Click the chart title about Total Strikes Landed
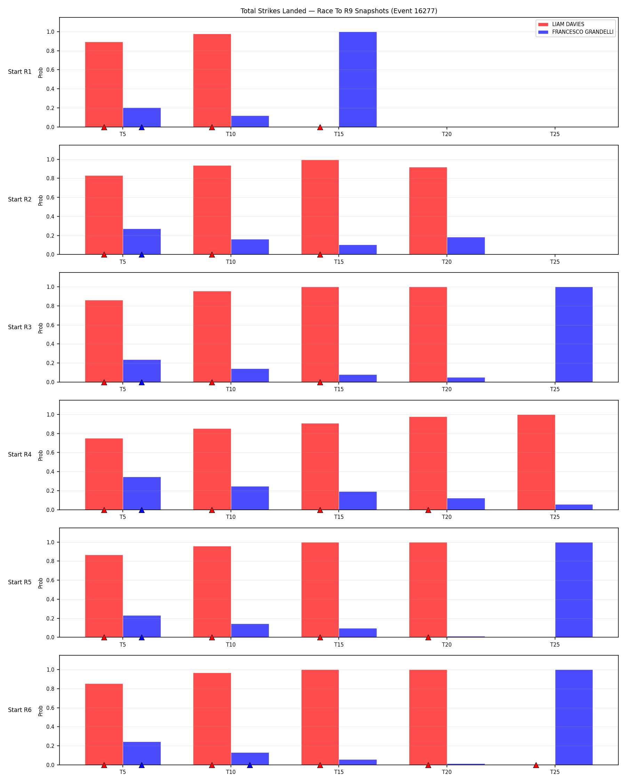pos(339,11)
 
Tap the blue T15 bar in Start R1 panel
pos(358,80)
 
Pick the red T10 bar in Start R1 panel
pos(212,81)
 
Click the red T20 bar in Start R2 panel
pos(428,211)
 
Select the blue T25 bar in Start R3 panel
pos(574,334)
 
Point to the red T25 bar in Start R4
pos(536,462)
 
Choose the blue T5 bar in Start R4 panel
pos(142,493)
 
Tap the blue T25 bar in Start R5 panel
pos(574,590)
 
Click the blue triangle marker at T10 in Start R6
pos(250,765)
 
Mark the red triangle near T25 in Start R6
pos(536,765)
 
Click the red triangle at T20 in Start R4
pos(428,510)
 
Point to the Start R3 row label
pos(19,327)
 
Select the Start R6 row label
pos(19,710)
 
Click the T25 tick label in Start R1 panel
pos(555,134)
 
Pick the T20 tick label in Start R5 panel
pos(447,644)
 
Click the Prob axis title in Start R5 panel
pos(41,583)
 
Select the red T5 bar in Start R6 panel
pos(104,725)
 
